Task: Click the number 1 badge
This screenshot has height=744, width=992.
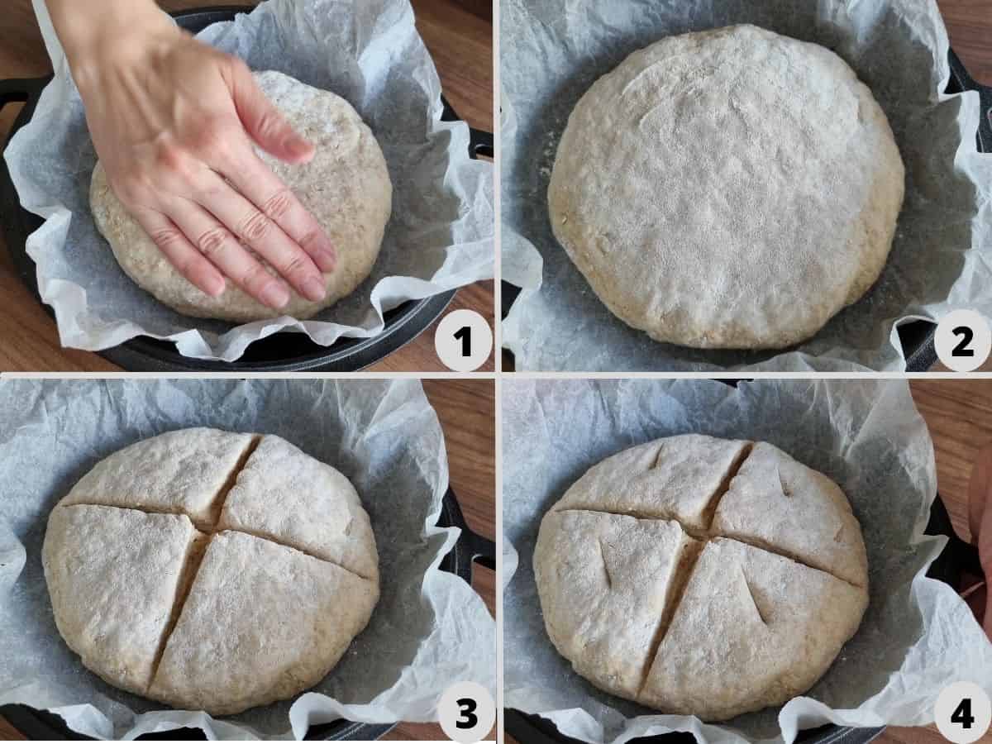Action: [464, 341]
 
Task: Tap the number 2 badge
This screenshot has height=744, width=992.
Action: [962, 341]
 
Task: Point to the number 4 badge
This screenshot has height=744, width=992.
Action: [962, 713]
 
